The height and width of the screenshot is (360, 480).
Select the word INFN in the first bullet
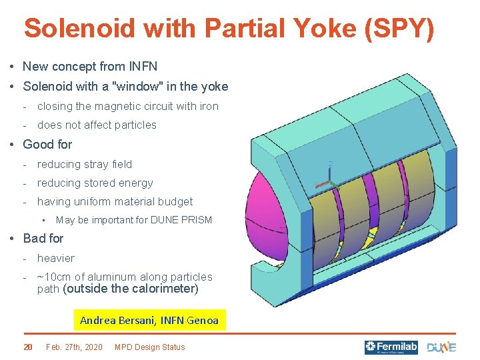[x=143, y=67]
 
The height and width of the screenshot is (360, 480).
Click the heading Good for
[x=47, y=144]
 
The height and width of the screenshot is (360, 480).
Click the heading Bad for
[x=43, y=238]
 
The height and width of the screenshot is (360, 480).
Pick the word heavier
[x=56, y=258]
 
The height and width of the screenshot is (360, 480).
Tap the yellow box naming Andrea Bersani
[x=149, y=320]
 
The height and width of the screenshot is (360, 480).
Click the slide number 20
[x=28, y=347]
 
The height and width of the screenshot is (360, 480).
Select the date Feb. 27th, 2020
[x=74, y=347]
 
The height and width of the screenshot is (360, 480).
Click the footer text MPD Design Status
[x=150, y=347]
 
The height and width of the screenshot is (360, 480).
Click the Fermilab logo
[x=391, y=347]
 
